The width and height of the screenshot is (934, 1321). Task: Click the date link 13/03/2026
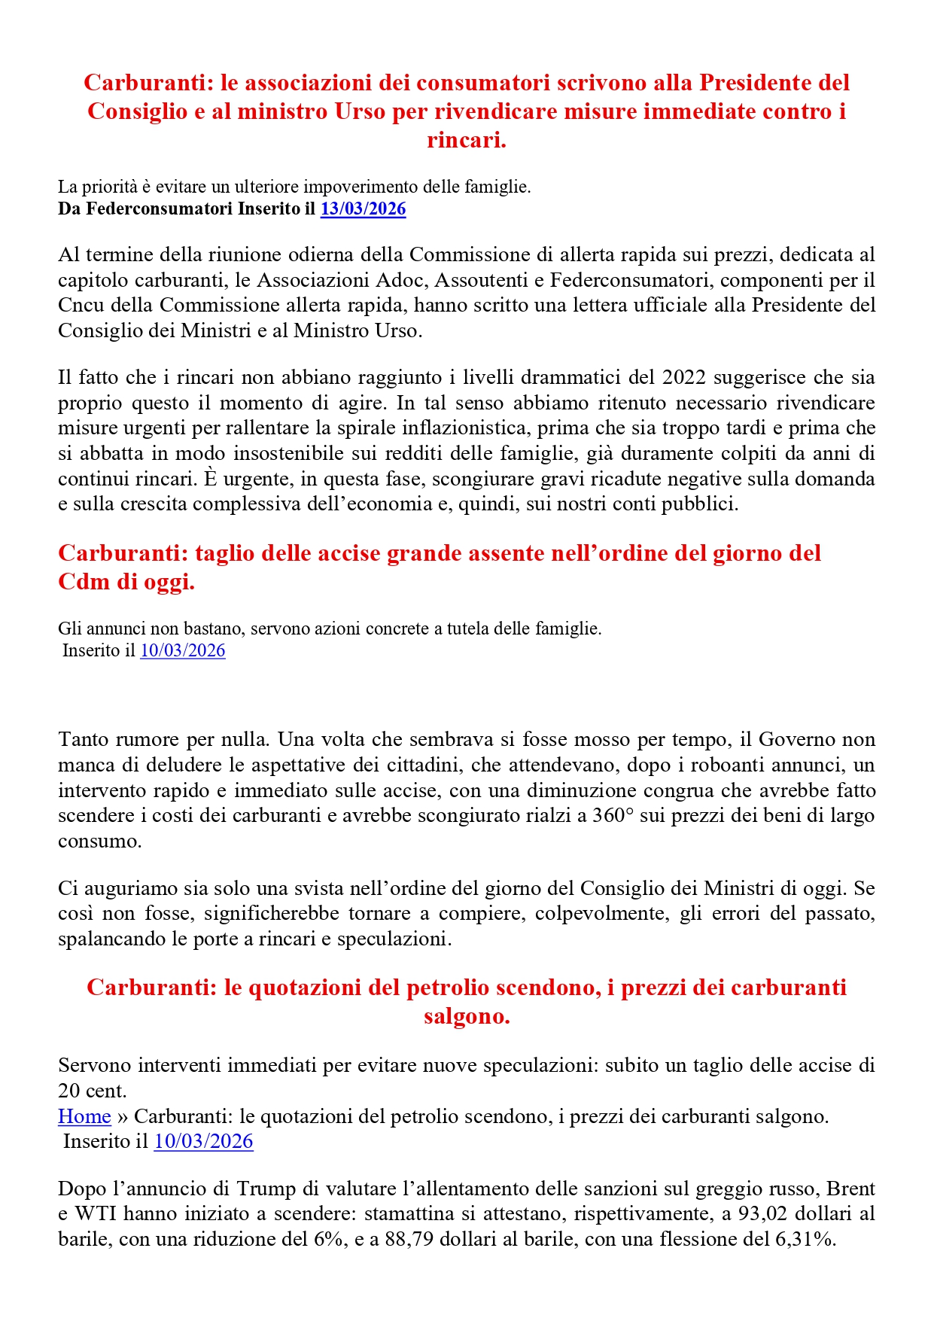[x=363, y=209]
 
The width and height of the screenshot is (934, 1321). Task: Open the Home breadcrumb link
[x=84, y=1116]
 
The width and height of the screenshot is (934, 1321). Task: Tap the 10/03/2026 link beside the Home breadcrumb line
[x=203, y=1142]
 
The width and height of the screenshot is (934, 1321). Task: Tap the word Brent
[x=850, y=1189]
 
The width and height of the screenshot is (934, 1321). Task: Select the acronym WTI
[x=96, y=1214]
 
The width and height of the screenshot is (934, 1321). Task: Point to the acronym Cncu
[x=78, y=306]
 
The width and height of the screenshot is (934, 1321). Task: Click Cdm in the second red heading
[x=83, y=583]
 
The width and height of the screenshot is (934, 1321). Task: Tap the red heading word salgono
[x=467, y=1017]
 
